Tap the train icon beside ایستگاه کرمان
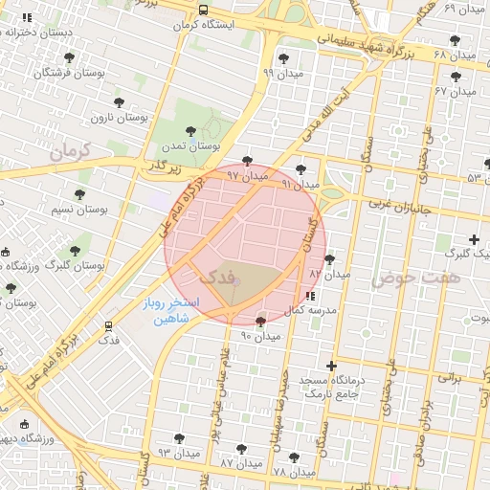(x=202, y=10)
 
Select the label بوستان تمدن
(x=190, y=146)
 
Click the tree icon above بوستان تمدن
(x=190, y=130)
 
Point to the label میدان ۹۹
(x=281, y=73)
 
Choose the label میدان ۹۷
(x=246, y=176)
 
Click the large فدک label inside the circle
(x=219, y=276)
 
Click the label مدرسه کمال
(x=313, y=311)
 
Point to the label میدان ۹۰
(x=260, y=336)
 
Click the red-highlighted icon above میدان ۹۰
(x=261, y=320)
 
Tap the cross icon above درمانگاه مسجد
(x=331, y=365)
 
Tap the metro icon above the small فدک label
(x=108, y=325)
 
